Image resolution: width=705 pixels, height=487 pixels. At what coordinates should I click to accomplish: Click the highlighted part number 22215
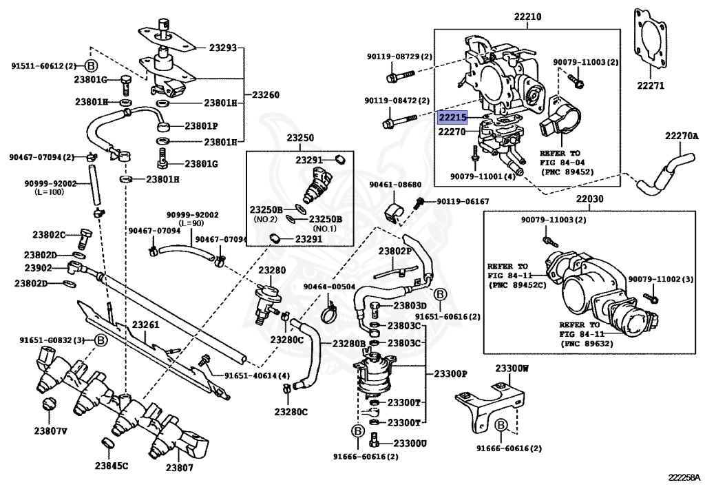point(453,118)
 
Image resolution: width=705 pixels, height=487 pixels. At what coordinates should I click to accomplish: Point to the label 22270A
point(681,136)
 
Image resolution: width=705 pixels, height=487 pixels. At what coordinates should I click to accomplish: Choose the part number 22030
point(589,199)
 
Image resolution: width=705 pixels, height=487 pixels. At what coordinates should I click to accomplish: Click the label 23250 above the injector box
point(301,138)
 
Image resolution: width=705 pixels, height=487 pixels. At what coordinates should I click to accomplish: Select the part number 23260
point(265,94)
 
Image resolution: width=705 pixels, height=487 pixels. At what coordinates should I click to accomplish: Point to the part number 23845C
point(111,466)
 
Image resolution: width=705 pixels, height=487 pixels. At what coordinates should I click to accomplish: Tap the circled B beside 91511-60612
point(91,66)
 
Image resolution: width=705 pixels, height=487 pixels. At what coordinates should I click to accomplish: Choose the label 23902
point(39,269)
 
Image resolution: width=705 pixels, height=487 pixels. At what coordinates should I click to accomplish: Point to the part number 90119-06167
point(463,202)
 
